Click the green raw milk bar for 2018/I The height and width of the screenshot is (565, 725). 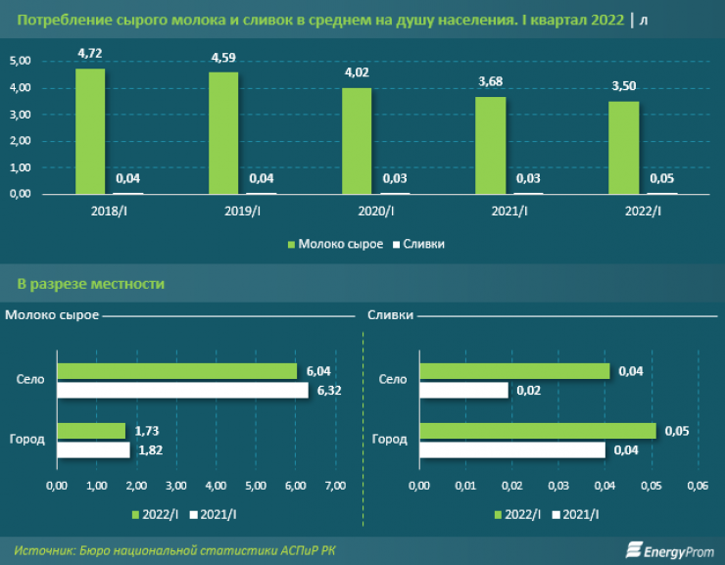pyautogui.click(x=90, y=131)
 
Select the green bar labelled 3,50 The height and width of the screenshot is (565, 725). pyautogui.click(x=623, y=148)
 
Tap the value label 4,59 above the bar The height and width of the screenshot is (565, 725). pyautogui.click(x=223, y=58)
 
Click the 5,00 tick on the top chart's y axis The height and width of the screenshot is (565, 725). pyautogui.click(x=21, y=61)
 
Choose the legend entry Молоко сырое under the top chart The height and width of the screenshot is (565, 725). pyautogui.click(x=334, y=243)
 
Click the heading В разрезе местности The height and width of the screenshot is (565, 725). pyautogui.click(x=91, y=284)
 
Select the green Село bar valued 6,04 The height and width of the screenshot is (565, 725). pyautogui.click(x=176, y=371)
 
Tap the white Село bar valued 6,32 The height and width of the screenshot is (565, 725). pyautogui.click(x=182, y=391)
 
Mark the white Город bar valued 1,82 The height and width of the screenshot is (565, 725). pyautogui.click(x=93, y=450)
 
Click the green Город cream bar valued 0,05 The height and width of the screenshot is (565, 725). pyautogui.click(x=538, y=431)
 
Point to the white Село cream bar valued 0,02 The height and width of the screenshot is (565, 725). pyautogui.click(x=464, y=391)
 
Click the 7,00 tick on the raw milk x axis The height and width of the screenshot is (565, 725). pyautogui.click(x=335, y=486)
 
